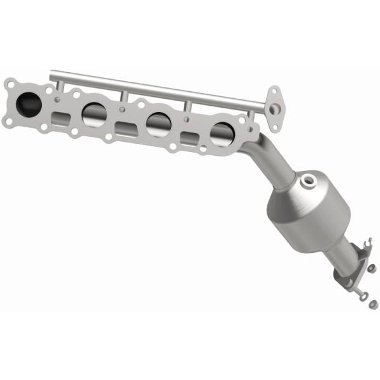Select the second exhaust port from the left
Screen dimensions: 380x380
coord(94,113)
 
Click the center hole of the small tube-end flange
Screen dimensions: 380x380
coord(273,109)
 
